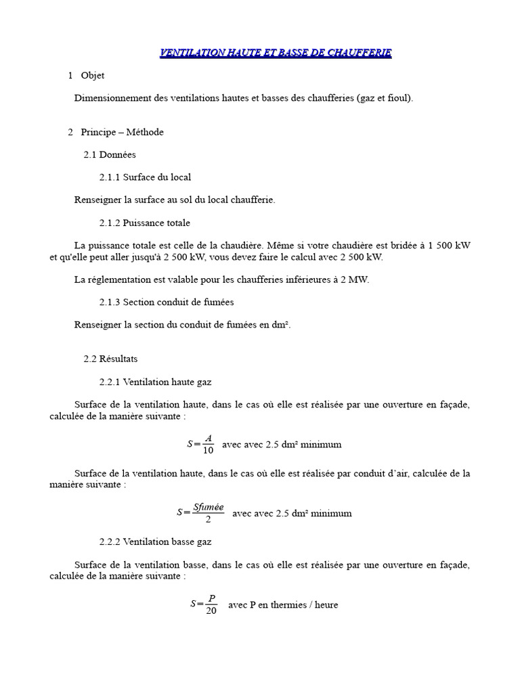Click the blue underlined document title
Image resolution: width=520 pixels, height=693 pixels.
coord(275,53)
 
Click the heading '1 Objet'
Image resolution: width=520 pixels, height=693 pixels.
coord(86,76)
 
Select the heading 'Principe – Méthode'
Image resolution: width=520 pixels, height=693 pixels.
coord(122,132)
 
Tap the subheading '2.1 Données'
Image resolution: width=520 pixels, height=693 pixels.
coord(110,154)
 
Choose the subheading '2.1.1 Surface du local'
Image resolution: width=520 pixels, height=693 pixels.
coord(145,177)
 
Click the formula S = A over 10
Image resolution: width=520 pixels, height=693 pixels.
coord(201,445)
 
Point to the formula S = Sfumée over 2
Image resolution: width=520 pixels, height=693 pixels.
coord(200,513)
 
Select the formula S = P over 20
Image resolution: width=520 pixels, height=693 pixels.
coord(204,604)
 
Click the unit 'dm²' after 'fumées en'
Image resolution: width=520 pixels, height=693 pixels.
coord(280,325)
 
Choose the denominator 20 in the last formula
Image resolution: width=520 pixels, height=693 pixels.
coord(211,611)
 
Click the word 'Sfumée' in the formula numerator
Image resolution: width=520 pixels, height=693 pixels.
coord(208,506)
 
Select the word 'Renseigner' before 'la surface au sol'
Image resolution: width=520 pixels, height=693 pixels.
coord(96,200)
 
